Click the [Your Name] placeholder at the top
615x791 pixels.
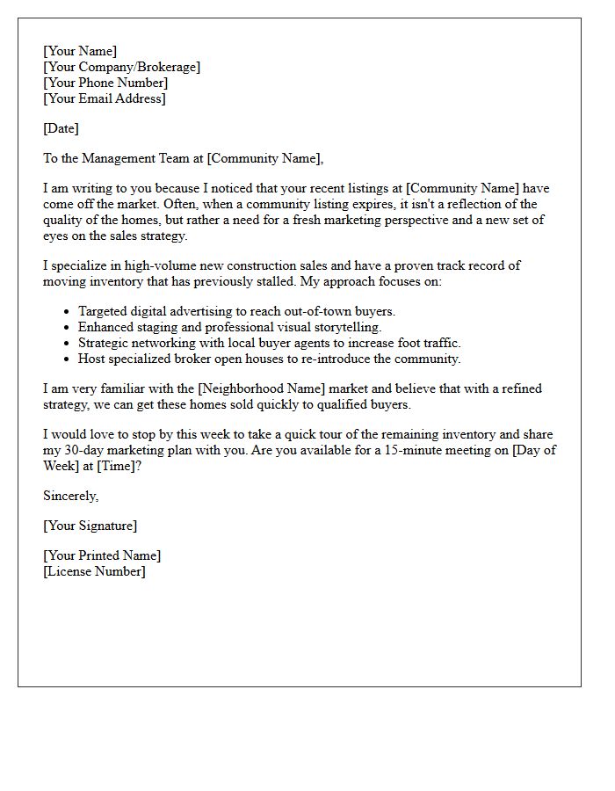(x=80, y=51)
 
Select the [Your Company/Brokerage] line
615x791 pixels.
(x=121, y=67)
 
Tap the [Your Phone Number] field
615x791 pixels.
(x=105, y=83)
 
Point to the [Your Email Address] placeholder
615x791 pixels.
(x=104, y=98)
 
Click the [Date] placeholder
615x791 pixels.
(x=61, y=128)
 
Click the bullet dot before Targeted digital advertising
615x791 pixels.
(x=68, y=312)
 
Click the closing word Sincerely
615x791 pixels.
(x=71, y=496)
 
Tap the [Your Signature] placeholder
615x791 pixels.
(x=90, y=526)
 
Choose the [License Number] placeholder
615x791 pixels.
(x=94, y=571)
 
